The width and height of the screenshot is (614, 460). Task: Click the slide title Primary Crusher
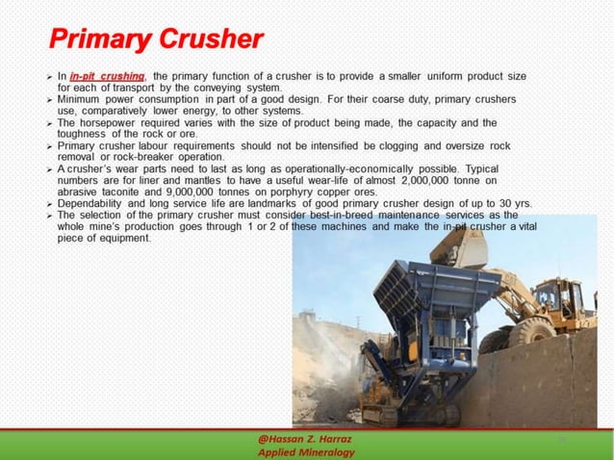click(x=155, y=39)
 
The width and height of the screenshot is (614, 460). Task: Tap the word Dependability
click(x=99, y=203)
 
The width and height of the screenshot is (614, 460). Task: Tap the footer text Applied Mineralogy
click(x=307, y=452)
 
